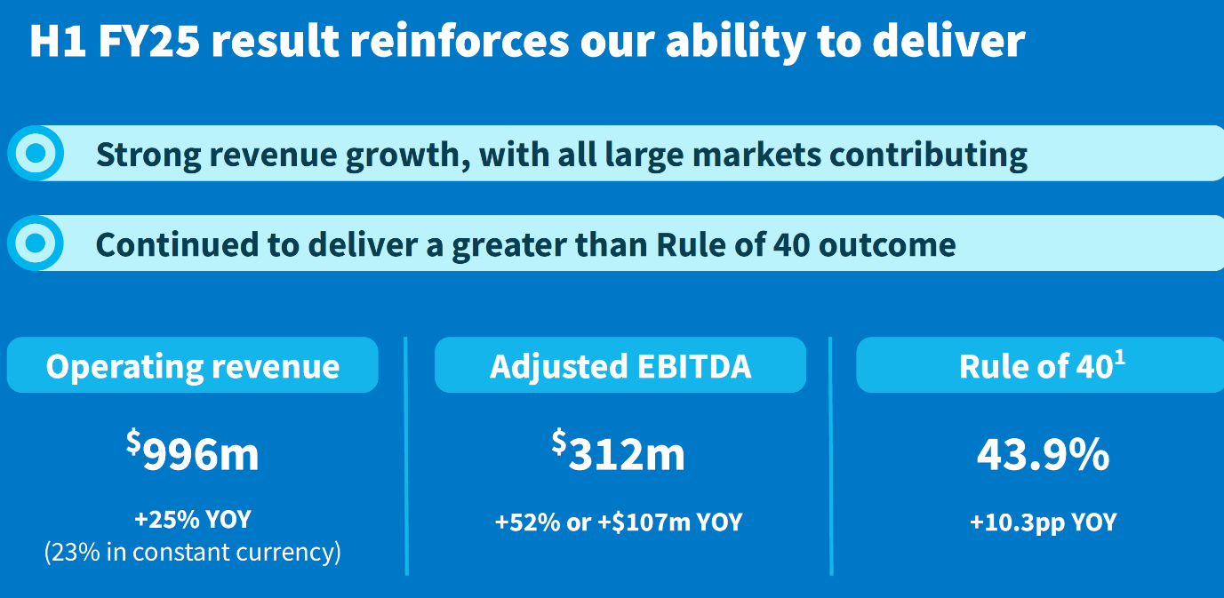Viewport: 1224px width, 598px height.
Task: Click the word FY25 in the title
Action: pos(149,41)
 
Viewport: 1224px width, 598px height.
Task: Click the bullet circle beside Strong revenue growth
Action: pos(36,154)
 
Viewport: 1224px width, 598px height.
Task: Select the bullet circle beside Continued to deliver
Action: pos(36,243)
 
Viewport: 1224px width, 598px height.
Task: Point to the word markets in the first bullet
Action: pos(756,155)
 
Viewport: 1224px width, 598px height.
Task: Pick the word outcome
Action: pos(887,245)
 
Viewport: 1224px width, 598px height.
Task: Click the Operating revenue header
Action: pos(192,365)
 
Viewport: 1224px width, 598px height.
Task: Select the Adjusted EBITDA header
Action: pos(620,365)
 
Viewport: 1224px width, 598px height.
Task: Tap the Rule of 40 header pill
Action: pos(1040,365)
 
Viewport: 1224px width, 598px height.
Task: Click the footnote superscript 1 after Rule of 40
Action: pos(1120,358)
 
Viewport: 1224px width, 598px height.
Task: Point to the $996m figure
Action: pos(192,451)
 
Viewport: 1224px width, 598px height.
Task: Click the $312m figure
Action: pos(618,451)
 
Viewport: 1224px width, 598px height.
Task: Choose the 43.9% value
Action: pos(1044,454)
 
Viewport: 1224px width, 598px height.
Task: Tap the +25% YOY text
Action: pos(193,519)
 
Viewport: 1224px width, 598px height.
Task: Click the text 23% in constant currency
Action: pos(192,552)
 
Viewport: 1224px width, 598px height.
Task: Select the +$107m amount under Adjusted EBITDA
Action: pos(644,522)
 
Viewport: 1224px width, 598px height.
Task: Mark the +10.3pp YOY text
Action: pos(1044,522)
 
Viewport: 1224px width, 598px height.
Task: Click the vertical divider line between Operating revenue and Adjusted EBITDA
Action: pos(406,456)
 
